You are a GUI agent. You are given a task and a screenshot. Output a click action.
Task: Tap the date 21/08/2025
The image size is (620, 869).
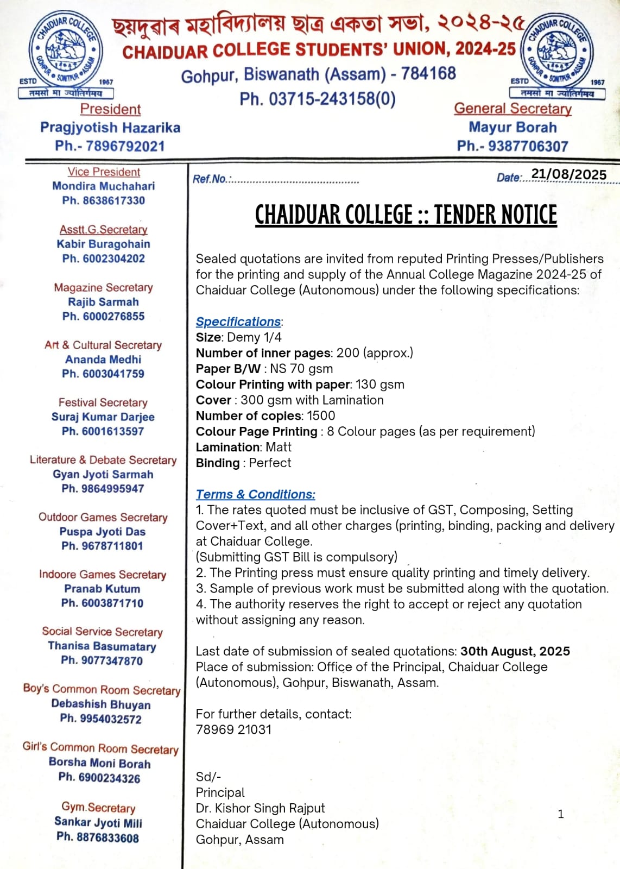coord(568,174)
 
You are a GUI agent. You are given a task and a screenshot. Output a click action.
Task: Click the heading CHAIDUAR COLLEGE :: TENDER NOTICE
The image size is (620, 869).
coord(406,215)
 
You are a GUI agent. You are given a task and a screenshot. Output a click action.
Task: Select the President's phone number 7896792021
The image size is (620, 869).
coord(125,146)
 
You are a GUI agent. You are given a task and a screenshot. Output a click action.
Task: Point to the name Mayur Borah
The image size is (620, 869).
coord(513,128)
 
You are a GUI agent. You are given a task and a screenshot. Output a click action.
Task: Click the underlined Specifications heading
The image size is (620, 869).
coord(238,322)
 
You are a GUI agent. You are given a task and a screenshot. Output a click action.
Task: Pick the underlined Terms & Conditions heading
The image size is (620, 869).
coord(255,494)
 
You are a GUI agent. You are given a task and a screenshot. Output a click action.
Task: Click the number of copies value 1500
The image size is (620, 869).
coord(320,415)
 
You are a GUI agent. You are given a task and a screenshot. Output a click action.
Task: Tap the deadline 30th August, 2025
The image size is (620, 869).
coord(515,651)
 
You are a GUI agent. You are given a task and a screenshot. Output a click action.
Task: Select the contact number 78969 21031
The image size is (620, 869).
coord(233,729)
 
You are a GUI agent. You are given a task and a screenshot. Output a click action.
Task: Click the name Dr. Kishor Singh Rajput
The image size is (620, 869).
coord(260,808)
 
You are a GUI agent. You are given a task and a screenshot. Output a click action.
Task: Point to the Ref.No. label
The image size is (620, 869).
coord(211,179)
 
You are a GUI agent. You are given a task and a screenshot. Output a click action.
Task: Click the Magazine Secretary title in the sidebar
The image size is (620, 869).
coord(103,287)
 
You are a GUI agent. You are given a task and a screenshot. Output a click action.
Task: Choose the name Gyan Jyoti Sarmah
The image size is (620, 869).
coord(103,474)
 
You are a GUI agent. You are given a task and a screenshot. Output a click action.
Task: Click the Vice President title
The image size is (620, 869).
coord(104,172)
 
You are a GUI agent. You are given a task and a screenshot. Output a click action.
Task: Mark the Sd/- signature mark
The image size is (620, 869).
coord(208,777)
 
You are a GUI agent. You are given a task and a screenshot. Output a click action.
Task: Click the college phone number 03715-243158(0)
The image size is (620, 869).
coord(318,99)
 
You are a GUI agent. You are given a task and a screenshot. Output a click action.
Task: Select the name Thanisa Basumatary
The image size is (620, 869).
coord(102,646)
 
